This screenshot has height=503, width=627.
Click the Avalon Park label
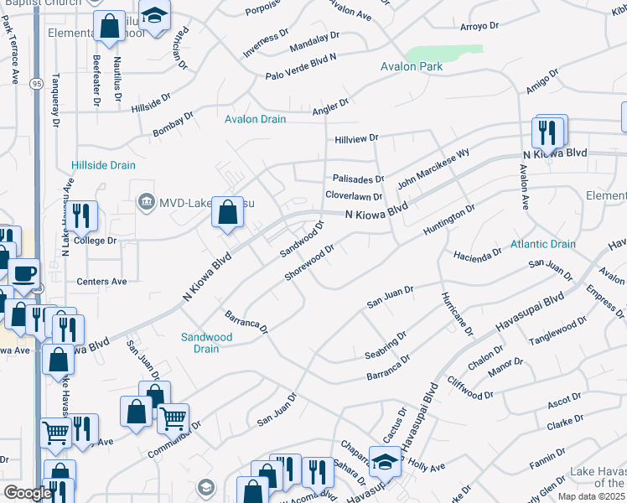[x=411, y=66]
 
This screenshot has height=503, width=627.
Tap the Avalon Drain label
[x=255, y=119]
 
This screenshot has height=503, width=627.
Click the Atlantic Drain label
[x=543, y=245]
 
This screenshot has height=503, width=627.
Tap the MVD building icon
[x=146, y=201]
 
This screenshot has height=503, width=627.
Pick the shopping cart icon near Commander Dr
[x=173, y=416]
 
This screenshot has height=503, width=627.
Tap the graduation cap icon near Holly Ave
[x=385, y=460]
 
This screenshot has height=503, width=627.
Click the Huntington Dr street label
[x=449, y=215]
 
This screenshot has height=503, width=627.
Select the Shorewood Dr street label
[x=309, y=263]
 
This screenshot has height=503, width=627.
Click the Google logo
[x=28, y=494]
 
